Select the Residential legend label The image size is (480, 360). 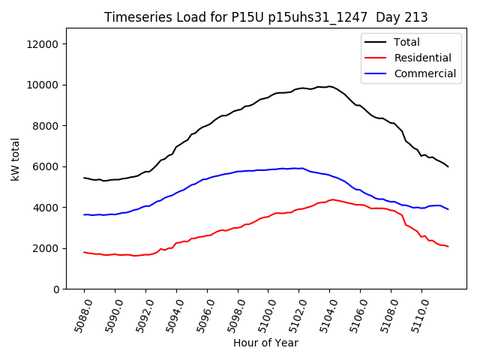(422, 58)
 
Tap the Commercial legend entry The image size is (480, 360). (424, 73)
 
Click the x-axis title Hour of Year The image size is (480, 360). (265, 343)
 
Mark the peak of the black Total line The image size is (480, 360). (328, 86)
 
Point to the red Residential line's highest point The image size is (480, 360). (332, 199)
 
